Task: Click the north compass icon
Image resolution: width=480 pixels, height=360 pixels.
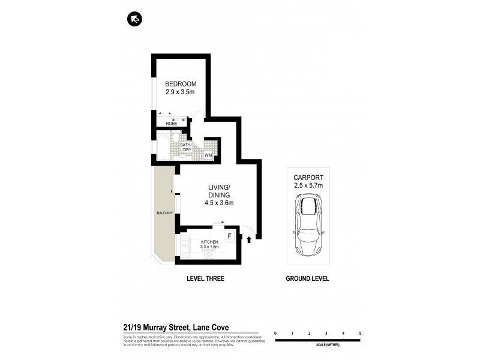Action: (x=134, y=20)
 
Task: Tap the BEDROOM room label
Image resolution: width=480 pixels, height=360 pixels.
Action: (x=181, y=84)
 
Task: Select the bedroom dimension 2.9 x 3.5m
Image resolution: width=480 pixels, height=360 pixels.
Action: (x=181, y=93)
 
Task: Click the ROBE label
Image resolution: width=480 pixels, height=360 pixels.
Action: (x=172, y=123)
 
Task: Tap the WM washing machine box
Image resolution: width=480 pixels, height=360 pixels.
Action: (x=209, y=155)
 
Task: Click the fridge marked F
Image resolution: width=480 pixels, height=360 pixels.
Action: (x=230, y=236)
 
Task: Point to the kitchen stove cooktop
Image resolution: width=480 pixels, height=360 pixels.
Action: (x=210, y=254)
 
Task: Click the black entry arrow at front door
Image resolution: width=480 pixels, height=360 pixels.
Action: (x=249, y=241)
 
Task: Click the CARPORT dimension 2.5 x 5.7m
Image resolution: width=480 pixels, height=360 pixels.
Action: (x=308, y=185)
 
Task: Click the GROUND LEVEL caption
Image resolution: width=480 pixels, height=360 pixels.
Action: (x=308, y=279)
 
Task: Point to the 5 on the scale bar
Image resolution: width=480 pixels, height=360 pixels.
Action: (x=360, y=332)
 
